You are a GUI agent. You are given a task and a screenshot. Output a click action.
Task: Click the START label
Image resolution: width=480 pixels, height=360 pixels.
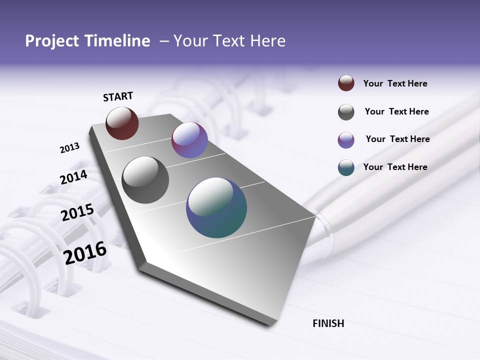pyautogui.click(x=118, y=96)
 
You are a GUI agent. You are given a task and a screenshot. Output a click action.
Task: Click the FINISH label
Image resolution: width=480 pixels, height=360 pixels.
pyautogui.click(x=328, y=323)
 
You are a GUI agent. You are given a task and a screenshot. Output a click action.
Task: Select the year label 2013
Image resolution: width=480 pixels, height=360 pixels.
pyautogui.click(x=69, y=148)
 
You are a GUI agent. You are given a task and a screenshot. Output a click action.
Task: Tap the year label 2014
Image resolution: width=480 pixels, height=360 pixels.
pyautogui.click(x=73, y=177)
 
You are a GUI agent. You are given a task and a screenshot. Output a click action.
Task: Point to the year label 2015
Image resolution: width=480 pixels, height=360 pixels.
pyautogui.click(x=77, y=212)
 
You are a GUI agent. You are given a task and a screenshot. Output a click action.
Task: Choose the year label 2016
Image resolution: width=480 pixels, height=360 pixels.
pyautogui.click(x=85, y=253)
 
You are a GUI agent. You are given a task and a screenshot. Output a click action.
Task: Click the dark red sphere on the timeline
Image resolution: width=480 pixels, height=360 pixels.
pyautogui.click(x=122, y=123)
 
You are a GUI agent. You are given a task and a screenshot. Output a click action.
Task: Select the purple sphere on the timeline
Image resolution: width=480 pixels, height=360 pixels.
pyautogui.click(x=189, y=140)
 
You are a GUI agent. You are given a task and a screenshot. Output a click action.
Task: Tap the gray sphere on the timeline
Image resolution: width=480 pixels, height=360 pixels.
pyautogui.click(x=145, y=180)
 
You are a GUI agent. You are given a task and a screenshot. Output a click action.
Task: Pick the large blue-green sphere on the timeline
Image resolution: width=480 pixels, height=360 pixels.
pyautogui.click(x=216, y=207)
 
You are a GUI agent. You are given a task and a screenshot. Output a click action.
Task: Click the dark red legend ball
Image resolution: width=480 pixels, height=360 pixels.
pyautogui.click(x=346, y=83)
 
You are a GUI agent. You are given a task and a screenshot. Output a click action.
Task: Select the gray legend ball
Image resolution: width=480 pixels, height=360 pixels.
pyautogui.click(x=346, y=112)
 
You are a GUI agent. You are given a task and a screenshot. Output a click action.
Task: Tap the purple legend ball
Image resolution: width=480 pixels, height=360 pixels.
pyautogui.click(x=346, y=140)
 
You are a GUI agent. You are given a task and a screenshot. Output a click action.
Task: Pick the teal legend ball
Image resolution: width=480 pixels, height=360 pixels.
pyautogui.click(x=346, y=167)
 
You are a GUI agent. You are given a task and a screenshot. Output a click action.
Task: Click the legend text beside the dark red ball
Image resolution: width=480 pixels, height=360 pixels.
pyautogui.click(x=395, y=83)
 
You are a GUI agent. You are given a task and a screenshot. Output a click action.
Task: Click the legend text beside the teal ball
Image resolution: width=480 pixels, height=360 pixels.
pyautogui.click(x=395, y=167)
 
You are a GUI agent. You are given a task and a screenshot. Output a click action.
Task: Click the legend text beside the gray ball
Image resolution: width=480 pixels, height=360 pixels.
pyautogui.click(x=396, y=111)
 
